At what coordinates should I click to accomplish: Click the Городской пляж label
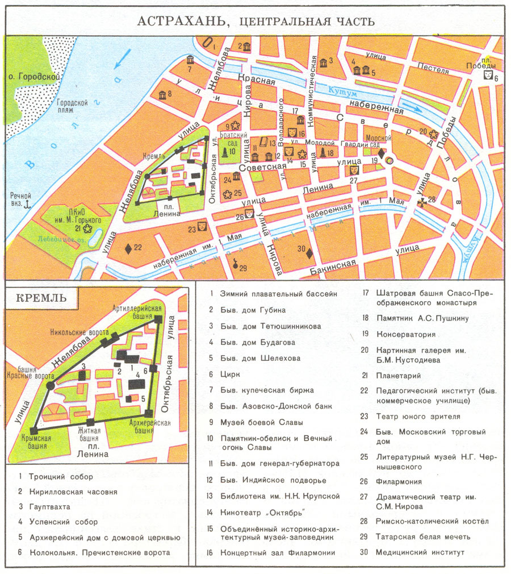coord(72,107)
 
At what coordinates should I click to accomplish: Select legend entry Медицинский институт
coord(420,552)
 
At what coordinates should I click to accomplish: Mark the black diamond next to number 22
coord(128,248)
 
